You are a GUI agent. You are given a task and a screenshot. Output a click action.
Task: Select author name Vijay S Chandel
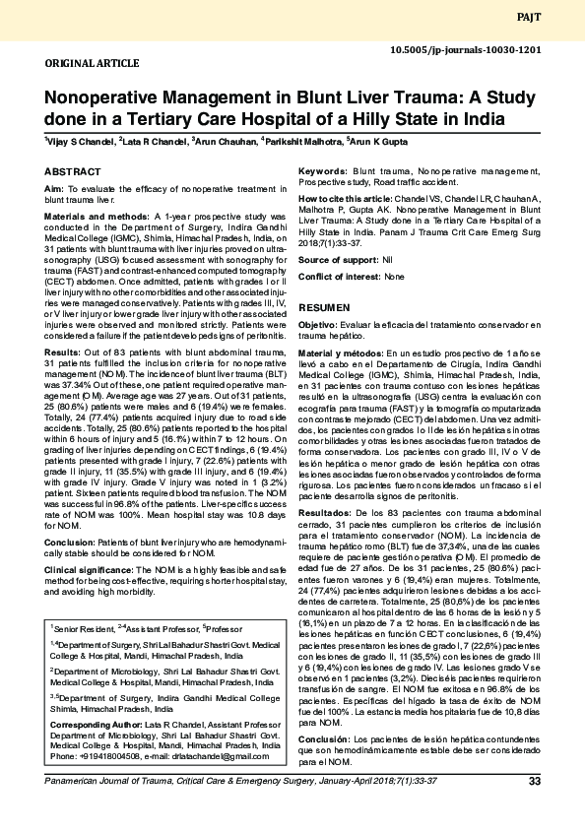point(78,142)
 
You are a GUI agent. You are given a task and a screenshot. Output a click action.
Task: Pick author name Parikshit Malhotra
point(301,142)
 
